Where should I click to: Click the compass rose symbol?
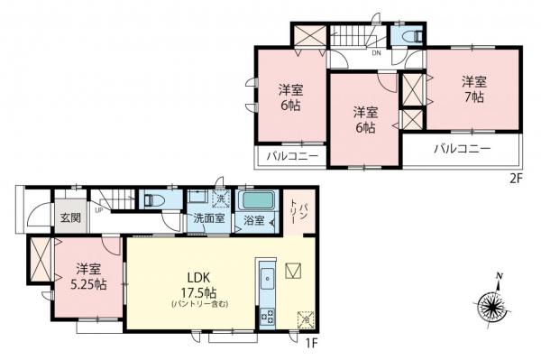point(496,303)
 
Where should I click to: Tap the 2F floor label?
point(515,179)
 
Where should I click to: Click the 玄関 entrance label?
point(69,218)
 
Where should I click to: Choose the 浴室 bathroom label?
point(253,219)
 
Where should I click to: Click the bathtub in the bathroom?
point(259,199)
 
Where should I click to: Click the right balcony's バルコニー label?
point(461,148)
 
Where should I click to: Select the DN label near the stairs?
point(375,53)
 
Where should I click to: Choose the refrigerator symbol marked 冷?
point(307,319)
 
